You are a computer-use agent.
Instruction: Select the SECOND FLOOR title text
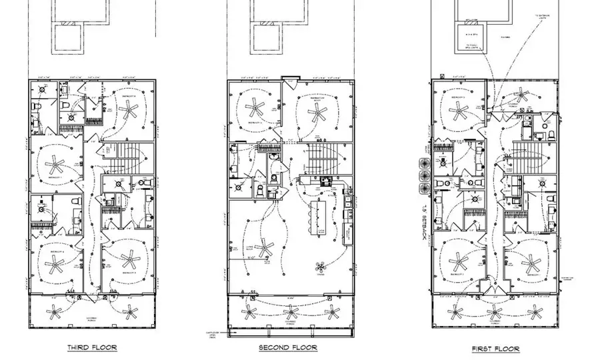point(287,347)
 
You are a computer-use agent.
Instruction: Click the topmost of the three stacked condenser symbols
point(423,161)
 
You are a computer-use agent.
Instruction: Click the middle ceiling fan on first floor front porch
point(494,311)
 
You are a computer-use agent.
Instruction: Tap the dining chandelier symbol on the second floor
point(321,267)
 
